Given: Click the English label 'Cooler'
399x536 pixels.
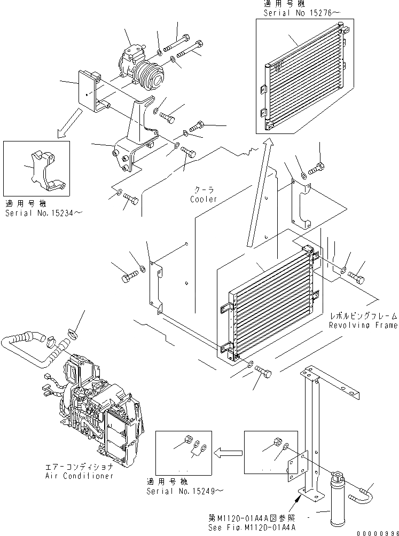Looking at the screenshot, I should pos(204,199).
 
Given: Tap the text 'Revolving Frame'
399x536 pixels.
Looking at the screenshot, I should pos(363,325).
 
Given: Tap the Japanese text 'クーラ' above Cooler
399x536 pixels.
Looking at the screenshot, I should pos(204,190).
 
